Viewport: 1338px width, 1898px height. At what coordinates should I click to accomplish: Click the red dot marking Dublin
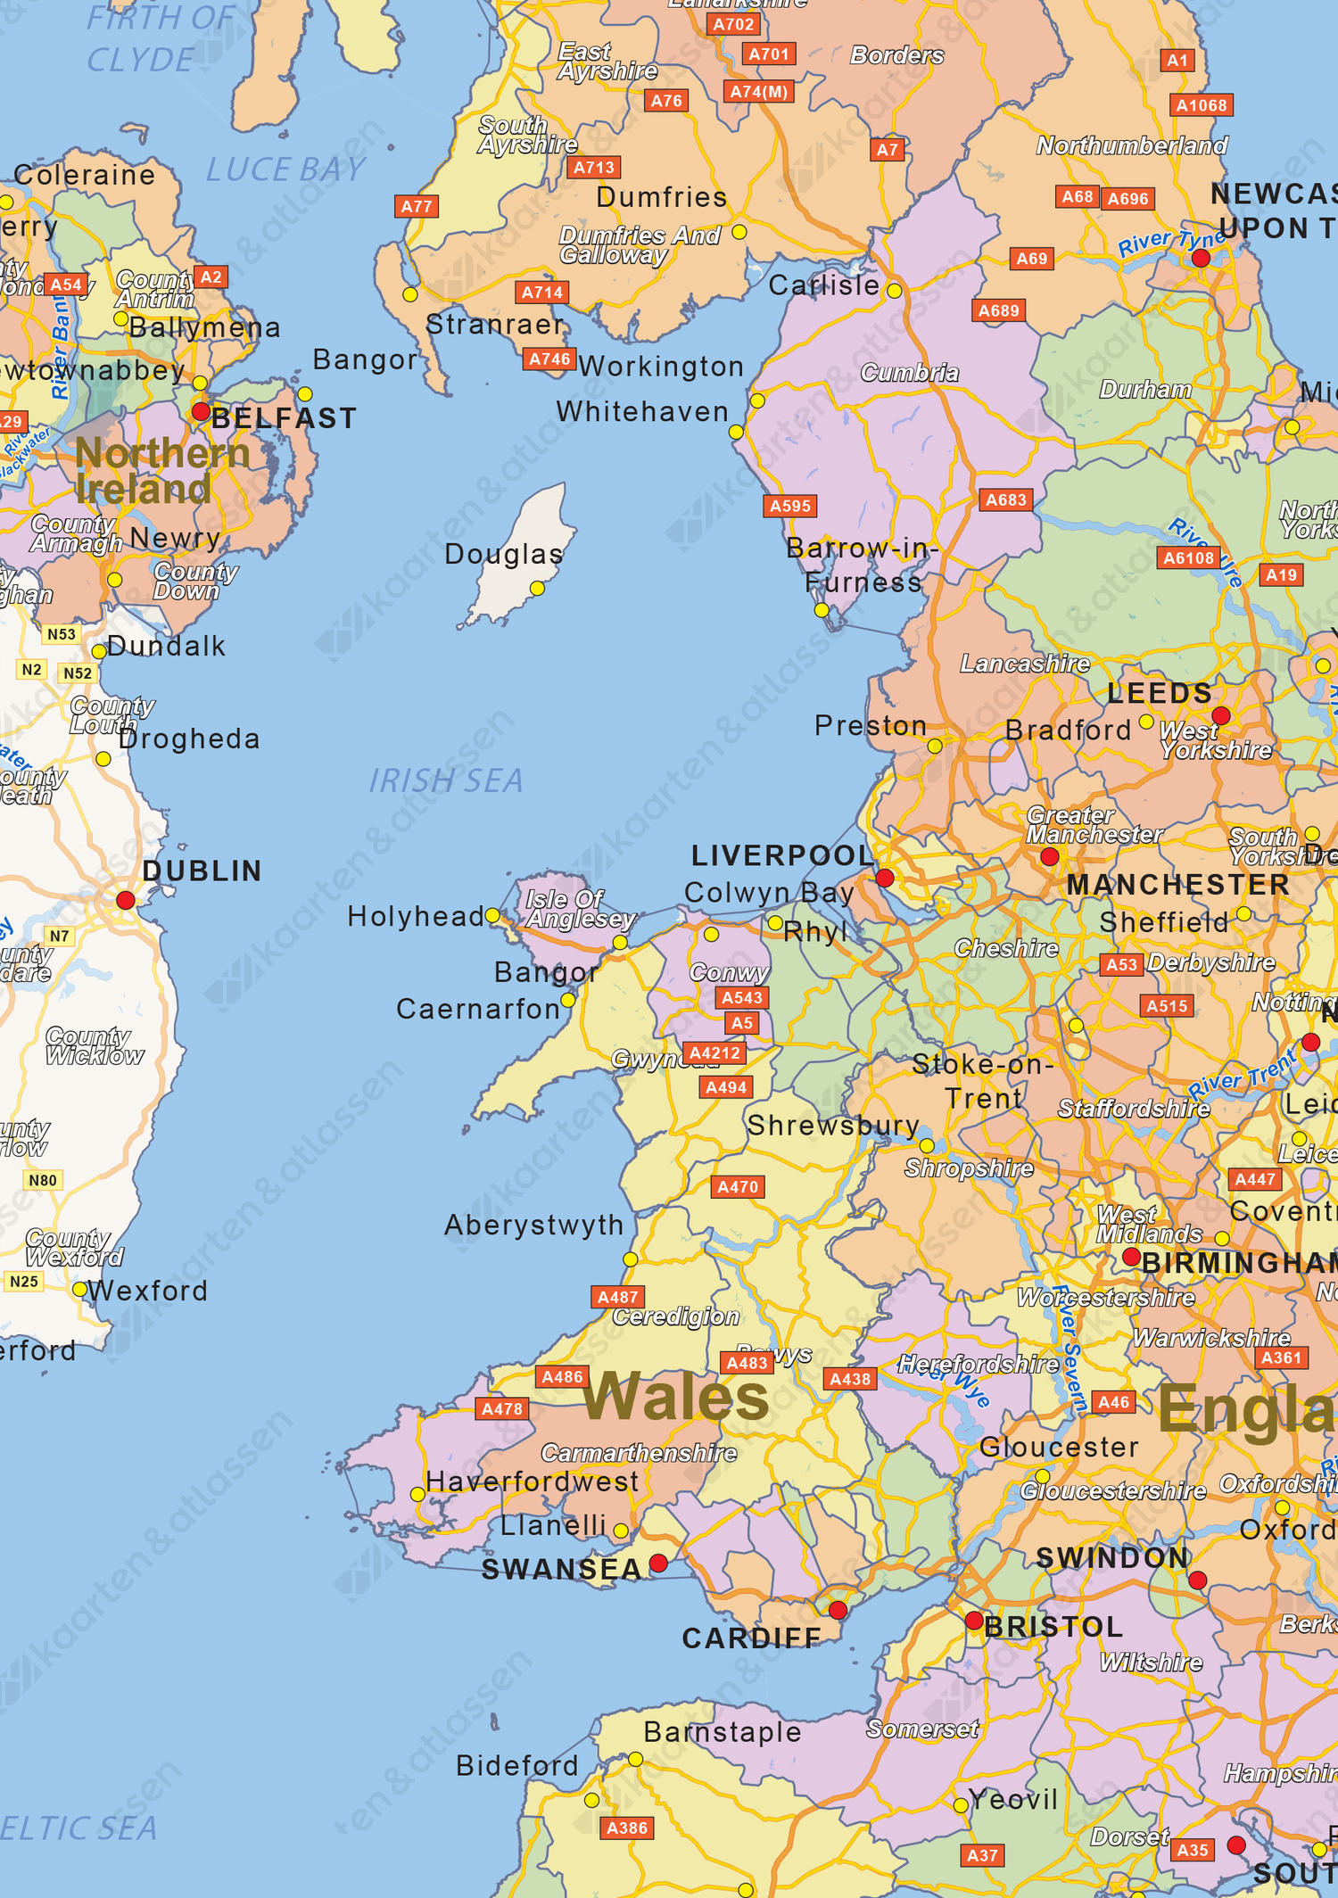[x=126, y=900]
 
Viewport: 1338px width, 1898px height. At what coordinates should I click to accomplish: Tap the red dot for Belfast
[x=201, y=412]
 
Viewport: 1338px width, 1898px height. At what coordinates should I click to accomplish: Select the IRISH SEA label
[x=446, y=781]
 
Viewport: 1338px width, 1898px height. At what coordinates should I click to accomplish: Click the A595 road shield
[x=790, y=507]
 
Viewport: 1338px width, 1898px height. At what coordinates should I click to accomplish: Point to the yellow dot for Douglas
[x=537, y=589]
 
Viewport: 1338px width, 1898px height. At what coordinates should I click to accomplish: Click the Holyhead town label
[x=415, y=916]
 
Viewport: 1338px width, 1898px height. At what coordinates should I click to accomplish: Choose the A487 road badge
[x=618, y=1297]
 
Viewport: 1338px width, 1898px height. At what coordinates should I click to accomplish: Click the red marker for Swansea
[x=658, y=1563]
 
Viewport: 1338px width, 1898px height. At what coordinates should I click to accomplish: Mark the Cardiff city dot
[x=838, y=1610]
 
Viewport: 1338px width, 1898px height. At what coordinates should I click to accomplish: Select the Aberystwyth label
[x=533, y=1225]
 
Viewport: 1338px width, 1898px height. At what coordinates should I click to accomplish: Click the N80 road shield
[x=43, y=1181]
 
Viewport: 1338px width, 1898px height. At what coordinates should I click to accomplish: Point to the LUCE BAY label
[x=285, y=169]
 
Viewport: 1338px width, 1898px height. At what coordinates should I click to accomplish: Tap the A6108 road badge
[x=1188, y=558]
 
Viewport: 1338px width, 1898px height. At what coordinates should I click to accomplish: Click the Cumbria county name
[x=909, y=373]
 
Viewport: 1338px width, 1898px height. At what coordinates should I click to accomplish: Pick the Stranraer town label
[x=495, y=325]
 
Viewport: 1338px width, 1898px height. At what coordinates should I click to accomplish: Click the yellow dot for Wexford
[x=79, y=1290]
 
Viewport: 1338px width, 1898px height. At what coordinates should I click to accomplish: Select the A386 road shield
[x=626, y=1828]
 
